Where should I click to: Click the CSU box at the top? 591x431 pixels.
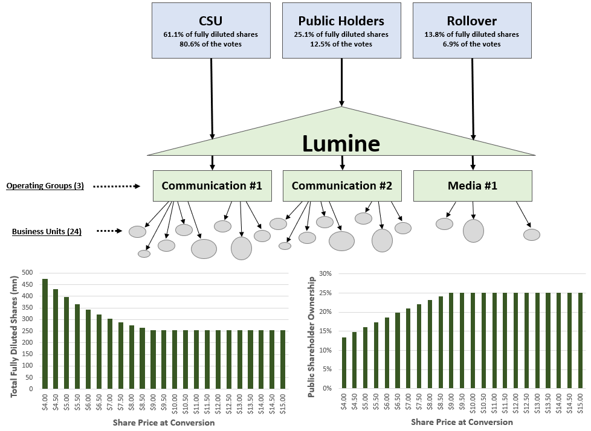click(210, 30)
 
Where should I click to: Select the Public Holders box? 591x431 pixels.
click(341, 30)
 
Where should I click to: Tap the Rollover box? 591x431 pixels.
click(472, 30)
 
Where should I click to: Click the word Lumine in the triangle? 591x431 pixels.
click(341, 144)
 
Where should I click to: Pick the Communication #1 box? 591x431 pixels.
click(212, 185)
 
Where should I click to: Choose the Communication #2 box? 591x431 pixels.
click(342, 185)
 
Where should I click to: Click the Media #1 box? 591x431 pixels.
click(473, 185)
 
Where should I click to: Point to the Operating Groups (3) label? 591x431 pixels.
click(45, 186)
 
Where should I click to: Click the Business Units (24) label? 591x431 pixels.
click(47, 231)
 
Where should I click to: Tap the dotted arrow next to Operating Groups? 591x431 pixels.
click(117, 187)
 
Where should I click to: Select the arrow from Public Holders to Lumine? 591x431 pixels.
click(342, 82)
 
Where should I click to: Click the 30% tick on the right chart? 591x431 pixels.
click(325, 273)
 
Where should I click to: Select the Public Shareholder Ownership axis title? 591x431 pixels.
click(312, 336)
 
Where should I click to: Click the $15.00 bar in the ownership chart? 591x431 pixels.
click(580, 340)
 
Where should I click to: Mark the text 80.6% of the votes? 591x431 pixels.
click(210, 44)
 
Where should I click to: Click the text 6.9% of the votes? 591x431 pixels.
click(472, 44)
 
